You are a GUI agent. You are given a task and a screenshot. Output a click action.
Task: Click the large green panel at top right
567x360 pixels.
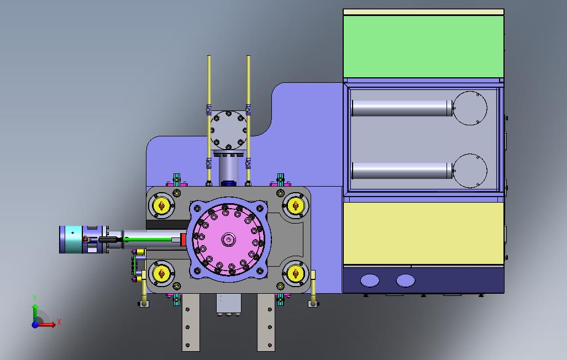click(423, 46)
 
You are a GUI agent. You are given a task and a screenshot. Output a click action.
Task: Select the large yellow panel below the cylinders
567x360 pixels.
click(423, 233)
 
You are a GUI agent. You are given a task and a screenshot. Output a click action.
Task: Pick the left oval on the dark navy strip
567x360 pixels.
click(370, 280)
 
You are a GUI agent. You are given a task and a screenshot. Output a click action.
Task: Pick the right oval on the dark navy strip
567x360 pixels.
click(406, 280)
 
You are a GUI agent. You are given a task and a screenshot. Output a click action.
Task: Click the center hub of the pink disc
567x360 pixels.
click(229, 239)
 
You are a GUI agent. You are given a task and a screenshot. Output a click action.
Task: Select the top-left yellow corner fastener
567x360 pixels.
click(161, 205)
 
